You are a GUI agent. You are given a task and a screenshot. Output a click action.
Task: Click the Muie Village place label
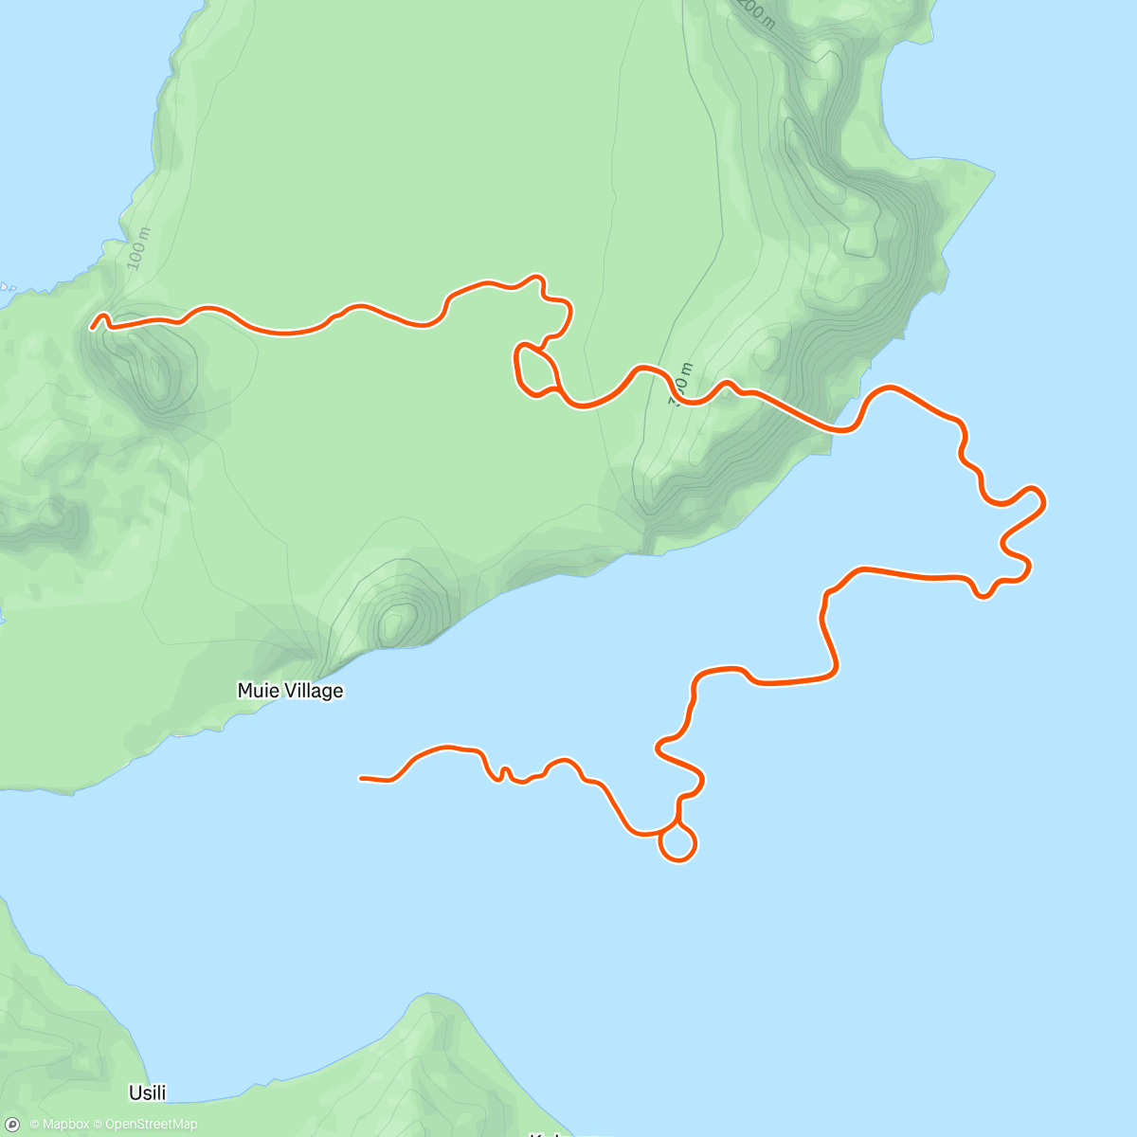coord(290,691)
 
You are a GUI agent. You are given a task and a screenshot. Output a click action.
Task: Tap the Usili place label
coord(148,1092)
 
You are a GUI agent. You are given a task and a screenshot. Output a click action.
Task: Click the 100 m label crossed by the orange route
coord(681,385)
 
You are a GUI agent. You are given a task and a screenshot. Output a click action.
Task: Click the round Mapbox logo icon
coord(12,1125)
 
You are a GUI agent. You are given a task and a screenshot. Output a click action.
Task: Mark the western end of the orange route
coord(93,328)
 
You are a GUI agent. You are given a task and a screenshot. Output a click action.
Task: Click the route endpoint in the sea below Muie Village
coord(361,778)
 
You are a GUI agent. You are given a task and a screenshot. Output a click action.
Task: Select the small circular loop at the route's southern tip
coord(677,843)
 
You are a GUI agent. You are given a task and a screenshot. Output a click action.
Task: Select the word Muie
coord(258,691)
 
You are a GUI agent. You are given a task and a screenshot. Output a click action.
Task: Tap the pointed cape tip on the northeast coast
coord(994,173)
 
